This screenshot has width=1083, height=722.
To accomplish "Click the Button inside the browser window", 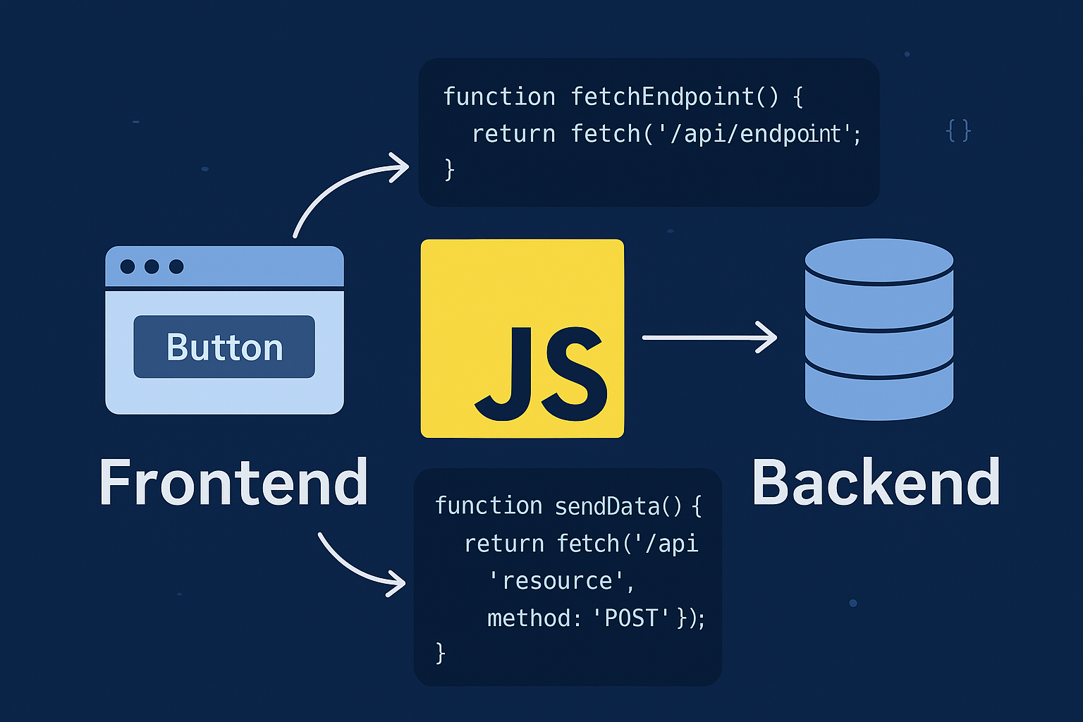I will [224, 347].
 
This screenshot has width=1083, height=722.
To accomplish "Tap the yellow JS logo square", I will [522, 338].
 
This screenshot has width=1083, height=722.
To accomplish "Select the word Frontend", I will [233, 483].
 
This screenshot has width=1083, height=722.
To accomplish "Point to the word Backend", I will [876, 483].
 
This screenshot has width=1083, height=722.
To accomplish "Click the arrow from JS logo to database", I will [709, 338].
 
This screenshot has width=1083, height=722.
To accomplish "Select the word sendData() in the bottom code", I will [618, 506].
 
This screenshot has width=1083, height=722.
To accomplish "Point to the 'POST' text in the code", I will [631, 618].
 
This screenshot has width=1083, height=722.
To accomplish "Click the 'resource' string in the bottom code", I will [556, 581].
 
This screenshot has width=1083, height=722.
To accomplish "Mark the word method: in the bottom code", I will [534, 618].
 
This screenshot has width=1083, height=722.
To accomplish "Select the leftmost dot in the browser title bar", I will [128, 267].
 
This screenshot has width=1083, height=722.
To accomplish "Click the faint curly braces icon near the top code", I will [958, 131].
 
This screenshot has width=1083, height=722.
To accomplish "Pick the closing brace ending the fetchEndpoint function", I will [449, 170].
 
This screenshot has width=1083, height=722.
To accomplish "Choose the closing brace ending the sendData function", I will [441, 654].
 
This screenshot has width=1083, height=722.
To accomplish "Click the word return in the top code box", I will [513, 134].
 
